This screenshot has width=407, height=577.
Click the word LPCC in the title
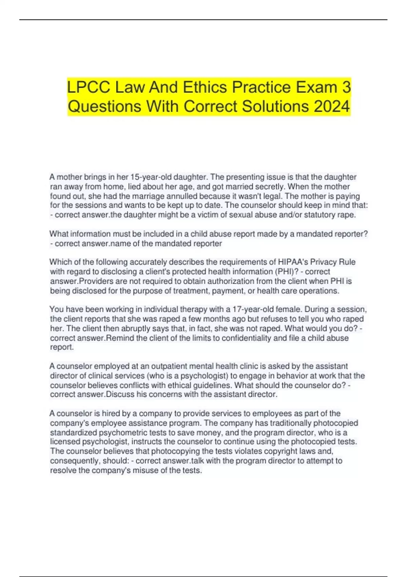[89, 87]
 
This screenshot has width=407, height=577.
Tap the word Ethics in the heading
[205, 87]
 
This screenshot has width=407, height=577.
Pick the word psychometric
[127, 433]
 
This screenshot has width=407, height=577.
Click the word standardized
[73, 433]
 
